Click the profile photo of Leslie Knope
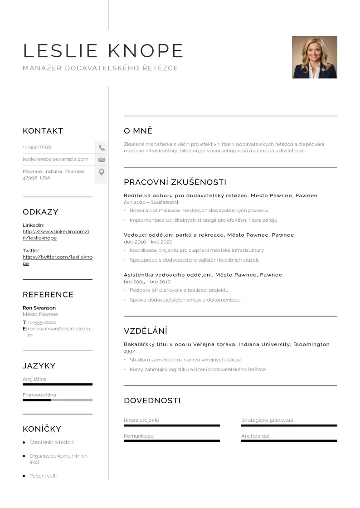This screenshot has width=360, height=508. click(x=314, y=57)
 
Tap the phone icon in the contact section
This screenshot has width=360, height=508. click(x=102, y=147)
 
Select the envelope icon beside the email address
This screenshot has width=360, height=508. click(x=102, y=160)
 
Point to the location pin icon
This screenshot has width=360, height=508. click(x=102, y=172)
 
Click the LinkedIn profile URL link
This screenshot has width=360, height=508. click(x=55, y=234)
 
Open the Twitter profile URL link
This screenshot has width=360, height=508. click(x=57, y=260)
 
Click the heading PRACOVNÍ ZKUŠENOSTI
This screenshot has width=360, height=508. click(x=175, y=182)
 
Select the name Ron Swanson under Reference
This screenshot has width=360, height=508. click(x=39, y=308)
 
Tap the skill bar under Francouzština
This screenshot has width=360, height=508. click(x=57, y=400)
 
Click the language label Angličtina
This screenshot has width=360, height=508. click(x=34, y=379)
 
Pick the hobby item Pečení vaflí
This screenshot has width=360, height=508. click(x=43, y=476)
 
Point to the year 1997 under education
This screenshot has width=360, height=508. click(x=129, y=352)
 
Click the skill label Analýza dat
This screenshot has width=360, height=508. click(x=255, y=436)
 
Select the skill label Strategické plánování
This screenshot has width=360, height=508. click(x=267, y=420)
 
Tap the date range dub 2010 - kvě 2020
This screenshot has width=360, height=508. click(x=148, y=242)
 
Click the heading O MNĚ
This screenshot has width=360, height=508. click(x=138, y=131)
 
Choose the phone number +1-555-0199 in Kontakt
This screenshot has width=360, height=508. click(x=37, y=147)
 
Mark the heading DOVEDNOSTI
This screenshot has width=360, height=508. click(x=152, y=401)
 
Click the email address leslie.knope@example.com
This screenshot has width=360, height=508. click(x=55, y=159)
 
